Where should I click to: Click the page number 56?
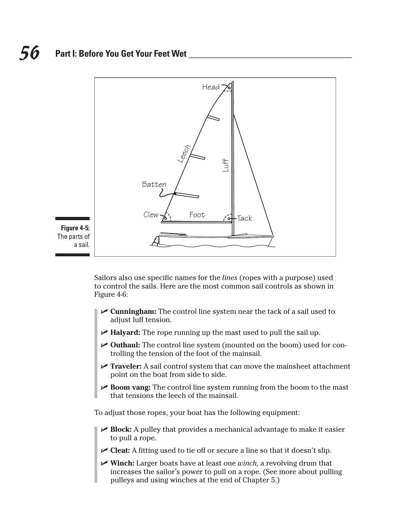(29, 53)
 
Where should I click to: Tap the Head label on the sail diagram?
(211, 87)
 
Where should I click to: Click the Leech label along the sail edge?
(184, 154)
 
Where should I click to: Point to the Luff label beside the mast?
(226, 165)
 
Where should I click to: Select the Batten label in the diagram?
(154, 184)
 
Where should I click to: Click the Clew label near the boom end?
(151, 215)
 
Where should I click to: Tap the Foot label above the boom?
(197, 215)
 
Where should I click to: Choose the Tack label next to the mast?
(244, 218)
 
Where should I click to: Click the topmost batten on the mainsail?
(213, 118)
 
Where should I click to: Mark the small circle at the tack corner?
(229, 219)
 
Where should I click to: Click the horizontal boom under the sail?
(196, 222)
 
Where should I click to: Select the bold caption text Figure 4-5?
(75, 228)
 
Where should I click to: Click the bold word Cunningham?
(133, 311)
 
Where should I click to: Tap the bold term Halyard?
(125, 332)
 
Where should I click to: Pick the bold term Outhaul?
(125, 345)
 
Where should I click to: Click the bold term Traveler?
(126, 366)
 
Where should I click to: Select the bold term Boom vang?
(130, 387)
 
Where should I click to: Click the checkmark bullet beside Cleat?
(104, 450)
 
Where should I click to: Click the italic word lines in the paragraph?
(230, 278)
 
